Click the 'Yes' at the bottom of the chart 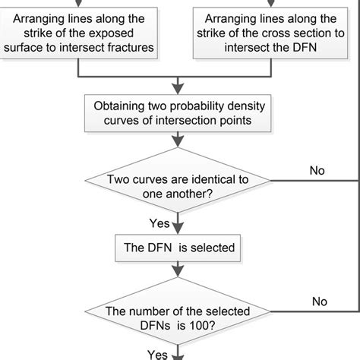tap(157, 354)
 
